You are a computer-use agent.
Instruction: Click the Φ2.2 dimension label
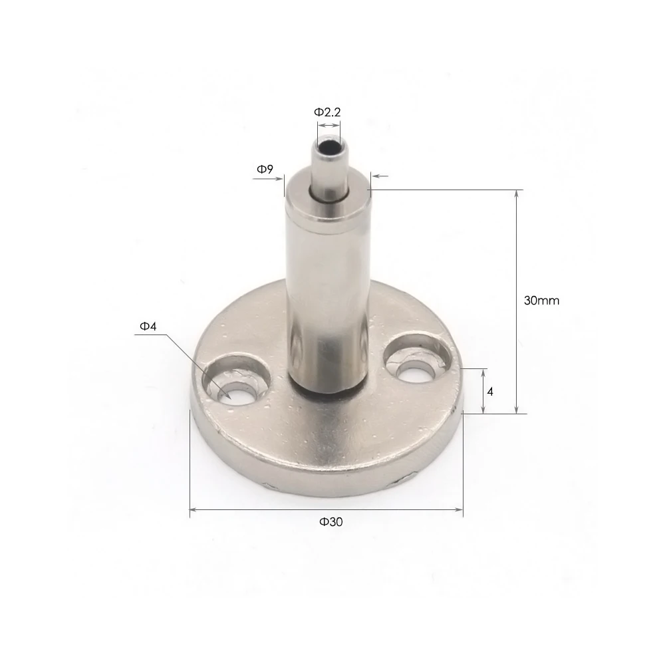tap(327, 112)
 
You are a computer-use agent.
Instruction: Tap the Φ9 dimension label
tap(265, 170)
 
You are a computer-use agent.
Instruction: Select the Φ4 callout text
tap(147, 326)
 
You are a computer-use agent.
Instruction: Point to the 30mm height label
tap(541, 301)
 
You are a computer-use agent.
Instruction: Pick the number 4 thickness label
tap(490, 392)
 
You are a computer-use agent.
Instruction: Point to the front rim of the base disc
tap(326, 465)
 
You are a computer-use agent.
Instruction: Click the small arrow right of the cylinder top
tap(379, 176)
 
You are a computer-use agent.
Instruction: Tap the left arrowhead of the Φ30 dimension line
tap(194, 510)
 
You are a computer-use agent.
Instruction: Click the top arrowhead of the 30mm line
tap(517, 194)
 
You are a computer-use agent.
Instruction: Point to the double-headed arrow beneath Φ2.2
tap(327, 125)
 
